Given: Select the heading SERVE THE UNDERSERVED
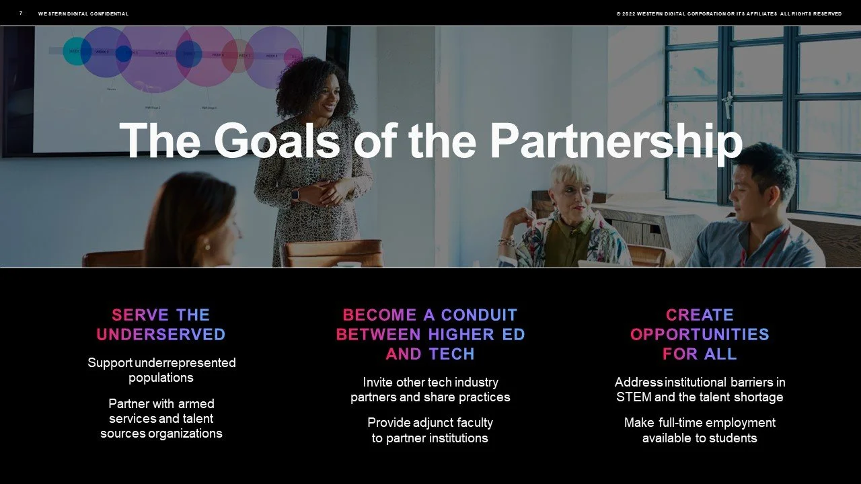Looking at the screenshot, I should [x=161, y=325].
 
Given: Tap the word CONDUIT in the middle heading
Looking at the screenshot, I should [x=479, y=315].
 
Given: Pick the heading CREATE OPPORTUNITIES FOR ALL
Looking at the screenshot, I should [x=700, y=334].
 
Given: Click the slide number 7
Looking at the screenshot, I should [x=21, y=13].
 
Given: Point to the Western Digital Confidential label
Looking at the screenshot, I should [x=83, y=13].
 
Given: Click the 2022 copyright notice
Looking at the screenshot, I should [x=728, y=13].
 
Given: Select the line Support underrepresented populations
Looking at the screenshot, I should [x=161, y=370].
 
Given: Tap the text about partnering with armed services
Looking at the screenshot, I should [x=161, y=418].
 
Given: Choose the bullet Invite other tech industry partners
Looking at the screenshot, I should [x=430, y=389].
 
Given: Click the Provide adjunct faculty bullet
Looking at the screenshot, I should [x=430, y=430].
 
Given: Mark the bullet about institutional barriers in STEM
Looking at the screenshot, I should [x=700, y=389].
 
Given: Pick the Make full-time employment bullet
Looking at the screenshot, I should [x=700, y=430].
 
